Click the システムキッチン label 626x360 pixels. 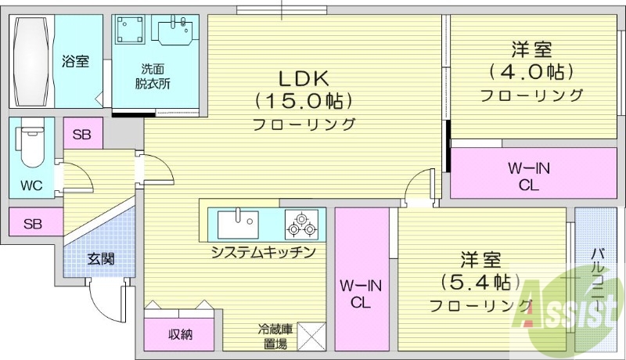(262, 252)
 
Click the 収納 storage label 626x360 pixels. (180, 335)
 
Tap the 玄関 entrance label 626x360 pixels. (101, 257)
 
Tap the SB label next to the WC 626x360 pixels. (81, 135)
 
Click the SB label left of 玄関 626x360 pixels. (32, 224)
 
